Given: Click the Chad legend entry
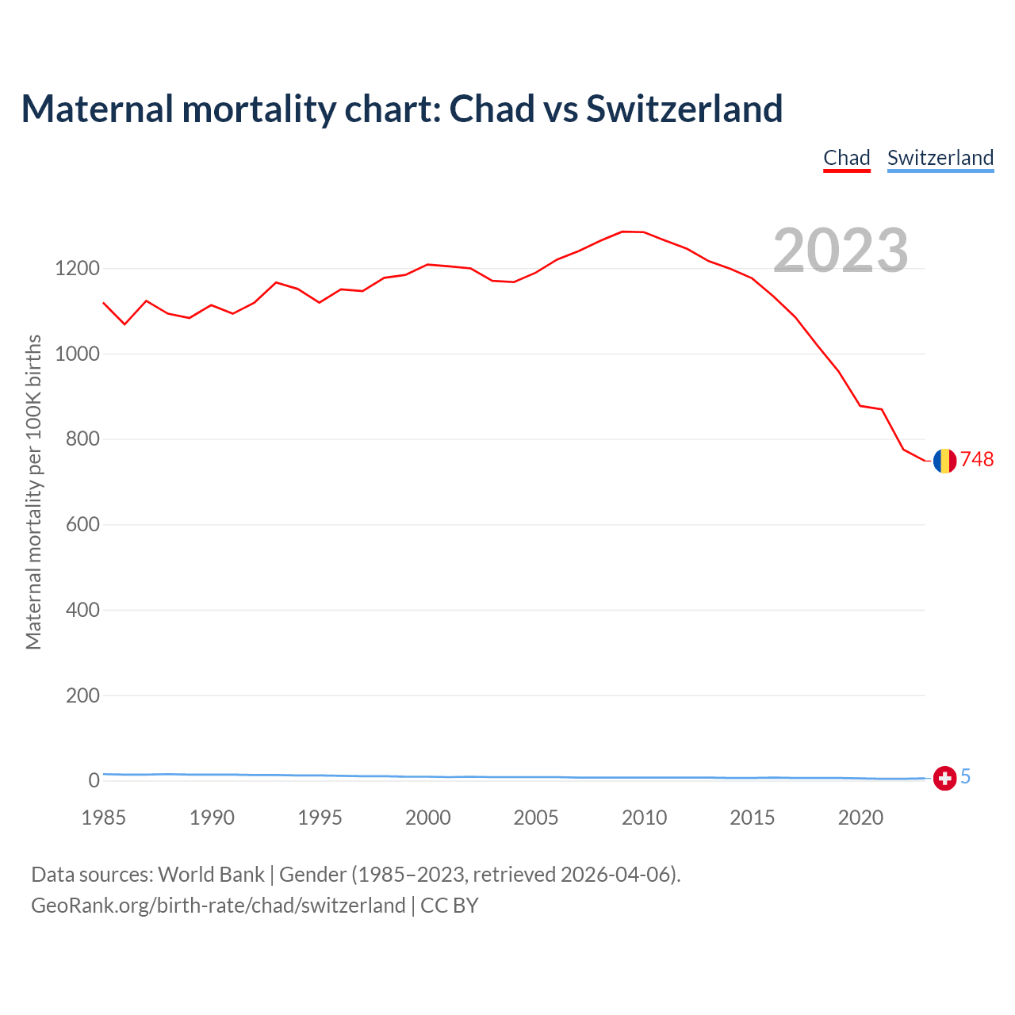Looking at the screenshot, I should [847, 158].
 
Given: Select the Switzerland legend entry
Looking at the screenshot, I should [940, 158].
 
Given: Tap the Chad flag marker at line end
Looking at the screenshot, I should [944, 461].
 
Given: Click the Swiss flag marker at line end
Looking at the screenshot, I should [944, 779].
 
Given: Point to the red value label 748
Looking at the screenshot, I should [977, 460].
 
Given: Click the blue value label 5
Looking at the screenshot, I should [966, 777].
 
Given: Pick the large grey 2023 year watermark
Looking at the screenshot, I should [841, 251].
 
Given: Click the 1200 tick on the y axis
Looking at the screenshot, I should [77, 269].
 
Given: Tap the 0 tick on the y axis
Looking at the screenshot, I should [94, 781].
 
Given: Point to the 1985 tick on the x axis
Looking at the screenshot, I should [104, 818].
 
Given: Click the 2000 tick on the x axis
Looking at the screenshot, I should [428, 818].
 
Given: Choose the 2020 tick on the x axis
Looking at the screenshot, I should [860, 818].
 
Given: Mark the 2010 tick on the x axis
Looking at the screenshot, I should [644, 818].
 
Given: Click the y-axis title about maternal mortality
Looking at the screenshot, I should [33, 492].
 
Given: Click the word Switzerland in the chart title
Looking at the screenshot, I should [684, 109].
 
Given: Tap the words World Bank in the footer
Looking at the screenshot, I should [211, 875].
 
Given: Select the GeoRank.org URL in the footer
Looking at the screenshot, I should [218, 906].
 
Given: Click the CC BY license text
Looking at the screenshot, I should [450, 906].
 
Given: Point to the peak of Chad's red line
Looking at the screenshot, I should [623, 232].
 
